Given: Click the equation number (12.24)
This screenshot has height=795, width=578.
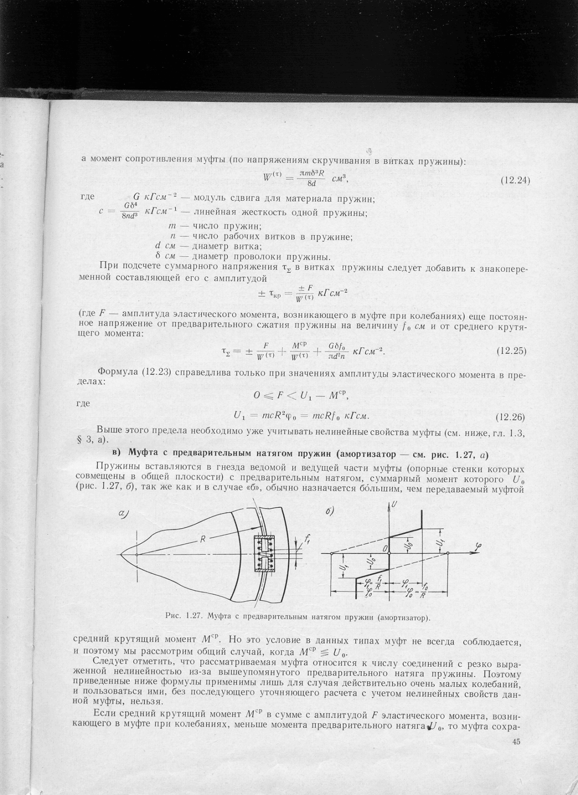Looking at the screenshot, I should tap(515, 180).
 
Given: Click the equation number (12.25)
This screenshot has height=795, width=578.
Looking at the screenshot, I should tap(511, 351).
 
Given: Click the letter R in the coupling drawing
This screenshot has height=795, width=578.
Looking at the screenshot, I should tap(203, 539).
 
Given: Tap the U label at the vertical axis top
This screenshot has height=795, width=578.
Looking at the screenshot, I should tap(394, 504).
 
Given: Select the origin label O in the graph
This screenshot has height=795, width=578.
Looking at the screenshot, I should tap(384, 548).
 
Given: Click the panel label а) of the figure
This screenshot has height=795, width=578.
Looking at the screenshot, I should tap(125, 514).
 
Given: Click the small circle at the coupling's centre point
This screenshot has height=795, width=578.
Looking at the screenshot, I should tap(136, 554).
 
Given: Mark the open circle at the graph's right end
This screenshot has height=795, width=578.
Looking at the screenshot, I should tap(448, 553).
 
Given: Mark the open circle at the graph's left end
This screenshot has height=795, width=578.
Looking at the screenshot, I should tap(331, 553).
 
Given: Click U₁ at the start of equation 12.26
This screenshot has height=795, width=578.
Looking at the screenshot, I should tap(240, 415).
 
